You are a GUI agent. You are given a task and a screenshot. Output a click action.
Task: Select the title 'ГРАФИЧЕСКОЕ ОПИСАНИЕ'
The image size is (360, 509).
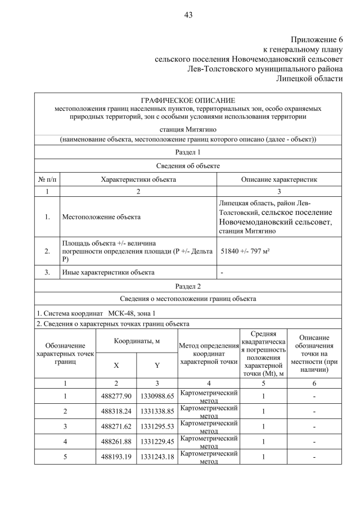(x=188, y=100)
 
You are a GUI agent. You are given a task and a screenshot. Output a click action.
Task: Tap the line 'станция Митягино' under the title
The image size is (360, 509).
(x=188, y=129)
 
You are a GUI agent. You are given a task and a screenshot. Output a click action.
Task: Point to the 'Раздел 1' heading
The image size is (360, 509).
(x=188, y=152)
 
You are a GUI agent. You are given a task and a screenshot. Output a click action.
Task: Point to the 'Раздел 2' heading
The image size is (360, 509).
(x=188, y=286)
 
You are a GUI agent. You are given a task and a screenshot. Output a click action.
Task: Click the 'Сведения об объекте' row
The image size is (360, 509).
(x=188, y=166)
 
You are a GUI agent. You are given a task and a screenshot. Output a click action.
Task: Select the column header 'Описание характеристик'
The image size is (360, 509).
(x=279, y=179)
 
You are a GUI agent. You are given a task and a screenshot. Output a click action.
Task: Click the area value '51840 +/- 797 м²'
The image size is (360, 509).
(x=245, y=251)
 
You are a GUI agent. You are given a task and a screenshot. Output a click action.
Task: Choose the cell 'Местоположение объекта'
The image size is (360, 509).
(x=101, y=217)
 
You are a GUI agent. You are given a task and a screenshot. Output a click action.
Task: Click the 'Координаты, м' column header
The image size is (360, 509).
(x=137, y=341)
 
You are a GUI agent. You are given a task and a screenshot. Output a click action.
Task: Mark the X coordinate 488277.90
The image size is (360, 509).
(x=116, y=397)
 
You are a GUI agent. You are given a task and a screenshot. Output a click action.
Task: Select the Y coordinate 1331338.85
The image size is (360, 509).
(x=157, y=411)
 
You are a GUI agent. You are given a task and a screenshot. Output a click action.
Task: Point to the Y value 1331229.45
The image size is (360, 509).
(x=157, y=442)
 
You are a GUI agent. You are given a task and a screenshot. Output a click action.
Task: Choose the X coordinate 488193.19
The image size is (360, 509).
(x=116, y=457)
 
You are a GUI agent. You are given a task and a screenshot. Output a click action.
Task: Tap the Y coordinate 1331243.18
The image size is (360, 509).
(x=157, y=457)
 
